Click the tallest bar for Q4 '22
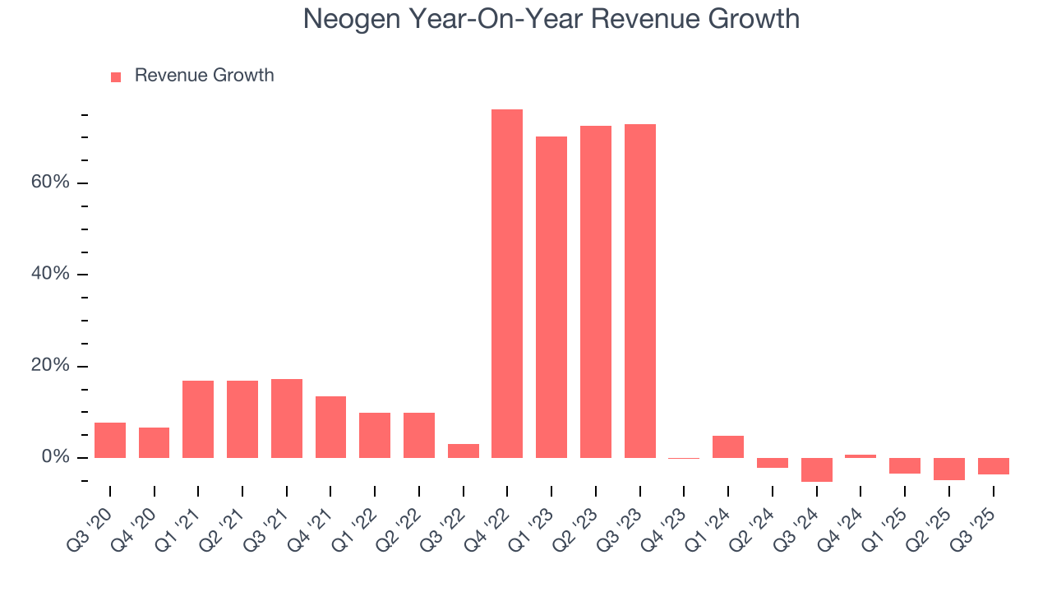tap(507, 284)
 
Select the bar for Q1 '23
tap(551, 297)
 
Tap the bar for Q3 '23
tap(640, 291)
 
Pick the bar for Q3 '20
tap(110, 440)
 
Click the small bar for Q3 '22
tap(464, 451)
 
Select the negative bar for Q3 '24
tap(817, 469)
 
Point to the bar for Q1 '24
tap(728, 446)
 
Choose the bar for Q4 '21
tap(330, 427)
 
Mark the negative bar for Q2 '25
tap(948, 469)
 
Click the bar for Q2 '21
tap(242, 419)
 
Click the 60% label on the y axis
tap(50, 182)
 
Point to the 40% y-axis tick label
tap(50, 274)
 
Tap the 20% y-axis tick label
tap(50, 366)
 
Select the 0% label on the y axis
tap(55, 457)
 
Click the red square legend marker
tap(116, 76)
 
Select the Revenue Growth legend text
tap(204, 76)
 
